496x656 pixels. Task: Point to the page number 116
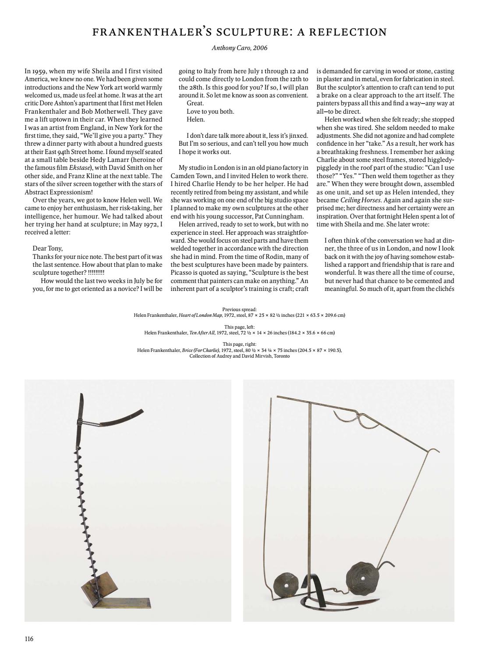coord(29,638)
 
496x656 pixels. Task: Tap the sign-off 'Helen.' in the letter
coord(195,119)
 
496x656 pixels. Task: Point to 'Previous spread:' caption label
coord(239,309)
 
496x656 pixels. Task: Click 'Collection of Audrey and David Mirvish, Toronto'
coord(239,356)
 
